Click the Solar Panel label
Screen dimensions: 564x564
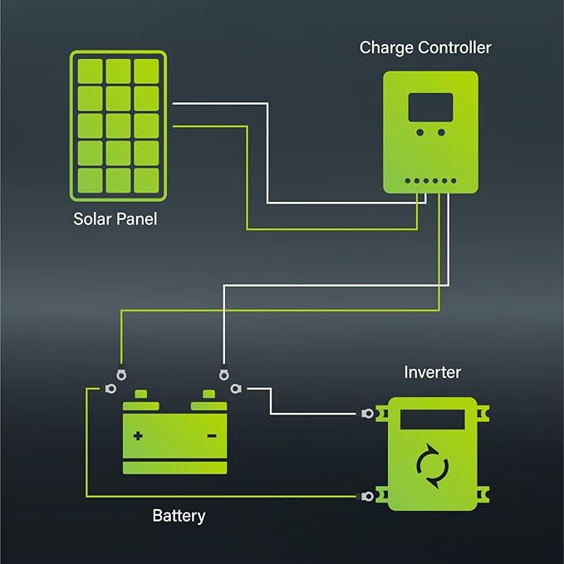[x=115, y=220]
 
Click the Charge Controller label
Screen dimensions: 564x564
[x=424, y=47]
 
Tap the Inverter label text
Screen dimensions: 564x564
[x=432, y=372]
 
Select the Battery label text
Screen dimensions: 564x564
[x=179, y=516]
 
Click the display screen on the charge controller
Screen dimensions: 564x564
[x=430, y=106]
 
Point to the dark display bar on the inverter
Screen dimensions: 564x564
[x=432, y=418]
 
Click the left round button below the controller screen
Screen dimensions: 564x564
[x=419, y=132]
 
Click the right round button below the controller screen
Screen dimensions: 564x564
[x=441, y=132]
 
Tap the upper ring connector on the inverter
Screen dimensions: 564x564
[x=367, y=413]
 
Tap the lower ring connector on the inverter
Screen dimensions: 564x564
[x=367, y=497]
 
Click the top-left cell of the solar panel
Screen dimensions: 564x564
[x=91, y=70]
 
